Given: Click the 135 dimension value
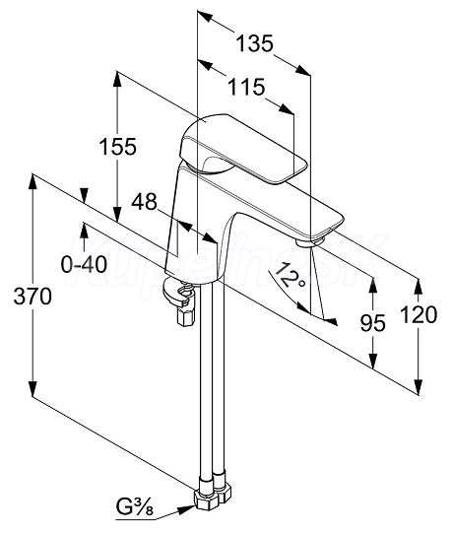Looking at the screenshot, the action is [255, 43].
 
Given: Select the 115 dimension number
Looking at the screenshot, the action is [246, 87].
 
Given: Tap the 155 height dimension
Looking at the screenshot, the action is [118, 147].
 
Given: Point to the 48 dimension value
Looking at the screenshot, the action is [145, 202].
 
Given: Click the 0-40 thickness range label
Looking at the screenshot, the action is [84, 264].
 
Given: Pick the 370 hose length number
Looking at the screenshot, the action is [32, 297].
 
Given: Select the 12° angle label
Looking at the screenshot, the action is [288, 276].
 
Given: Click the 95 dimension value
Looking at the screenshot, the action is [373, 323].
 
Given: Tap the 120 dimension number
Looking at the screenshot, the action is [419, 314].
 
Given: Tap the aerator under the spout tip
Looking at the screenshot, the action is [310, 242].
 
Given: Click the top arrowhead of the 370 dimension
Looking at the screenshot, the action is [32, 181].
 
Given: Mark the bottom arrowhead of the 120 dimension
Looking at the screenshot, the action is [419, 387].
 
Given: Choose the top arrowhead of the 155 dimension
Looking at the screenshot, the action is [117, 79].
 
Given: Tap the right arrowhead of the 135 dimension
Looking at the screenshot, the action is [303, 71].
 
